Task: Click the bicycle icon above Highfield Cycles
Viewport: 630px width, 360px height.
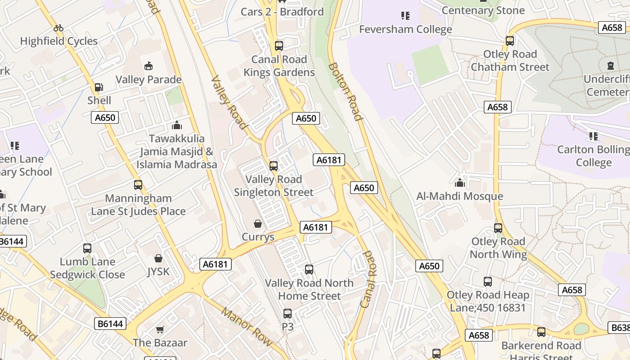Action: [x=58, y=28]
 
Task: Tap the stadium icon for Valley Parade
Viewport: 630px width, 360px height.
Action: [x=148, y=67]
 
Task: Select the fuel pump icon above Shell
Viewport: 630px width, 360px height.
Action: [x=99, y=87]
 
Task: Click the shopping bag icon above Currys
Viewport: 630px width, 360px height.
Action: [x=258, y=224]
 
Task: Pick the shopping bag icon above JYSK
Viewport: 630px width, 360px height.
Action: [x=158, y=258]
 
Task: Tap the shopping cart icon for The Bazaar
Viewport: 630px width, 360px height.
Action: [x=160, y=329]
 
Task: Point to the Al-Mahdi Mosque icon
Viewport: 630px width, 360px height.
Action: [x=459, y=183]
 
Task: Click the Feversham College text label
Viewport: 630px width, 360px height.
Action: [x=405, y=29]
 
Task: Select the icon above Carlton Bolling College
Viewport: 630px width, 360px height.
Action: [x=594, y=136]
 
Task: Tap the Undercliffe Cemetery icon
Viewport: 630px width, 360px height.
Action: [x=610, y=66]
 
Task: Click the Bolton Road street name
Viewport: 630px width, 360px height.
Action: [x=345, y=91]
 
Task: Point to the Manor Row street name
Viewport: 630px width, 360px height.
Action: [x=247, y=327]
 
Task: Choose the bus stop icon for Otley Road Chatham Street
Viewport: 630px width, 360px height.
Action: [x=510, y=41]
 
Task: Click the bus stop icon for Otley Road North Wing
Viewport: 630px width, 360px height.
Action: [x=498, y=228]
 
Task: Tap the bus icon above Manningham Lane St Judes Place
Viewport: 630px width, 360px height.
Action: [x=138, y=185]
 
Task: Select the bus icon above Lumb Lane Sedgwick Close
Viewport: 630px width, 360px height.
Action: [x=87, y=248]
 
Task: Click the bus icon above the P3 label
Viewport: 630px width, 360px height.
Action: [x=288, y=314]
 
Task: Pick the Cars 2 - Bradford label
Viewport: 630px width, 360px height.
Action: [x=282, y=12]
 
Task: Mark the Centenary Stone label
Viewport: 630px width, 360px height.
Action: [x=483, y=10]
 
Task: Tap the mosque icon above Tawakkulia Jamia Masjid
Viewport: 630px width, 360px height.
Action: [x=177, y=125]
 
